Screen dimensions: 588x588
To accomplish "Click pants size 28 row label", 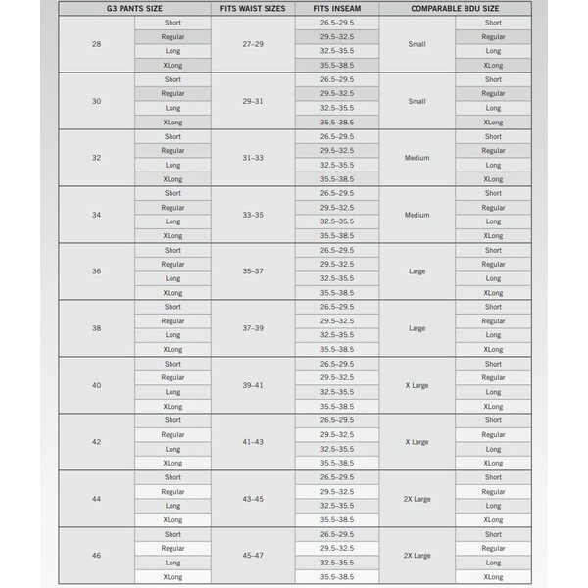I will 96,43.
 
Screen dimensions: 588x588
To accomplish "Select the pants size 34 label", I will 96,215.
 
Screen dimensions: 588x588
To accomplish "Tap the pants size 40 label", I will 96,385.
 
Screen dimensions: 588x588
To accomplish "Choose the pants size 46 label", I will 96,556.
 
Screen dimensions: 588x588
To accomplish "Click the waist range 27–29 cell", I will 252,43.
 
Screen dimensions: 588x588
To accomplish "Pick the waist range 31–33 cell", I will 252,158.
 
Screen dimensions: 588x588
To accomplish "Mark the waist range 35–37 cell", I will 252,271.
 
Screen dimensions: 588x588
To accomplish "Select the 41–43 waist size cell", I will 252,442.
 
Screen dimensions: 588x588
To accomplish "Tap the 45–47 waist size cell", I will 252,556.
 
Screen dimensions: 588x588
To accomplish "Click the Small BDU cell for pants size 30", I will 416,101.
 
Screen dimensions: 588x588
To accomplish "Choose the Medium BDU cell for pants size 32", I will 416,158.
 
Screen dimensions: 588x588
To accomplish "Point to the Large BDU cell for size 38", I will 416,328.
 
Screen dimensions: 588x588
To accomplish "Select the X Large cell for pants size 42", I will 416,442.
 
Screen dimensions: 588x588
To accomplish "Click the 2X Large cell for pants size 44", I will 416,499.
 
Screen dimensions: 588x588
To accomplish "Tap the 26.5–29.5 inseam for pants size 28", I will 337,22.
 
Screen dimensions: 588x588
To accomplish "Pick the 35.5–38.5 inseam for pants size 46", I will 337,577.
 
